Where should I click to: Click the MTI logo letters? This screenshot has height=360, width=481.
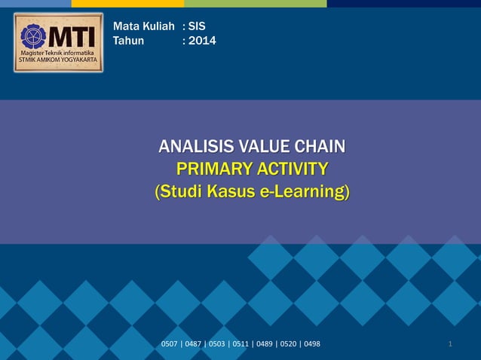[x=72, y=35]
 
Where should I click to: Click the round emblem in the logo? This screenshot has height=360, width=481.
[x=33, y=36]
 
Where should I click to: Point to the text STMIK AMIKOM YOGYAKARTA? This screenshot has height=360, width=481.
[x=58, y=60]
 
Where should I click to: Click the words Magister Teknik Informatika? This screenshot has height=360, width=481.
[x=58, y=53]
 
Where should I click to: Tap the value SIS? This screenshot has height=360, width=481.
[x=198, y=26]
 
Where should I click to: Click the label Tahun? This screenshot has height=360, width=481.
[x=128, y=41]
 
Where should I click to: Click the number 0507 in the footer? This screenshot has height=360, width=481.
[x=170, y=344]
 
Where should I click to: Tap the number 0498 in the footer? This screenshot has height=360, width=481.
[x=310, y=344]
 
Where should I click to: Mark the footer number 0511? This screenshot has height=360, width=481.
[x=240, y=344]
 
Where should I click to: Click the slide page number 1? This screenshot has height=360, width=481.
[x=450, y=344]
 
